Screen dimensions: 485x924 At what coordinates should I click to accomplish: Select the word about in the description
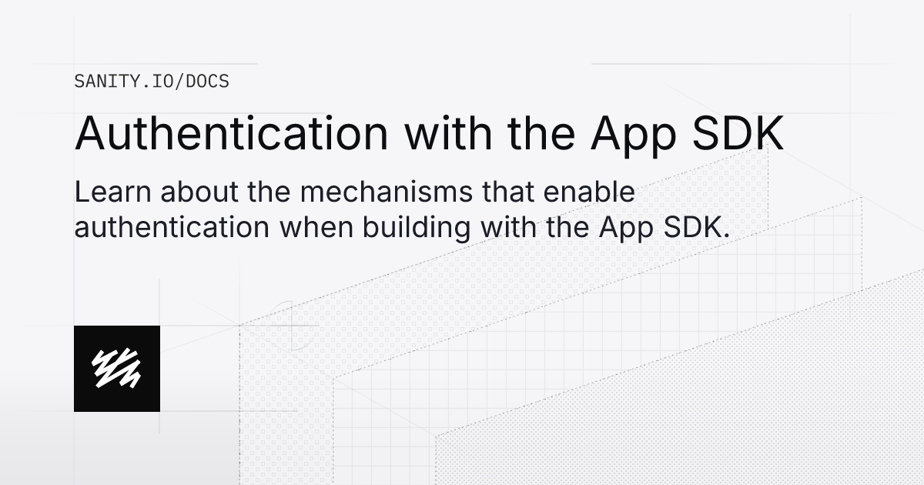click(x=179, y=192)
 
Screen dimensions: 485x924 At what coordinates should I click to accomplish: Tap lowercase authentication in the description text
click(x=172, y=226)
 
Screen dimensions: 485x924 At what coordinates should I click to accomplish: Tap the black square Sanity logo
click(x=117, y=368)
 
